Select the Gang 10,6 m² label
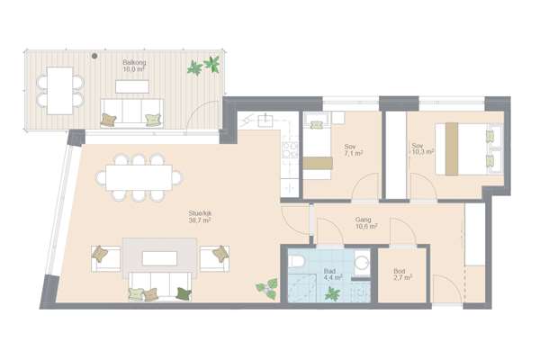(x=366, y=223)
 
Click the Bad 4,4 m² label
(x=333, y=274)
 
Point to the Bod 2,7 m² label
(x=402, y=274)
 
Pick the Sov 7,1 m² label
(x=354, y=150)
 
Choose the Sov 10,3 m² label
(x=422, y=148)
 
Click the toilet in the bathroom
(x=296, y=261)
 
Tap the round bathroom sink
(x=362, y=264)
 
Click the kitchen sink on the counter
(x=265, y=120)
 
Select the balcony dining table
(x=60, y=91)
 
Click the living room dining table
(x=139, y=178)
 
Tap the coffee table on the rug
(x=160, y=258)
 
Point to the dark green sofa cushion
(x=184, y=294)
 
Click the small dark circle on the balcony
(x=94, y=56)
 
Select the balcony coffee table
(x=132, y=86)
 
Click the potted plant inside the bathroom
(x=332, y=294)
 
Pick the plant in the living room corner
(x=267, y=288)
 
